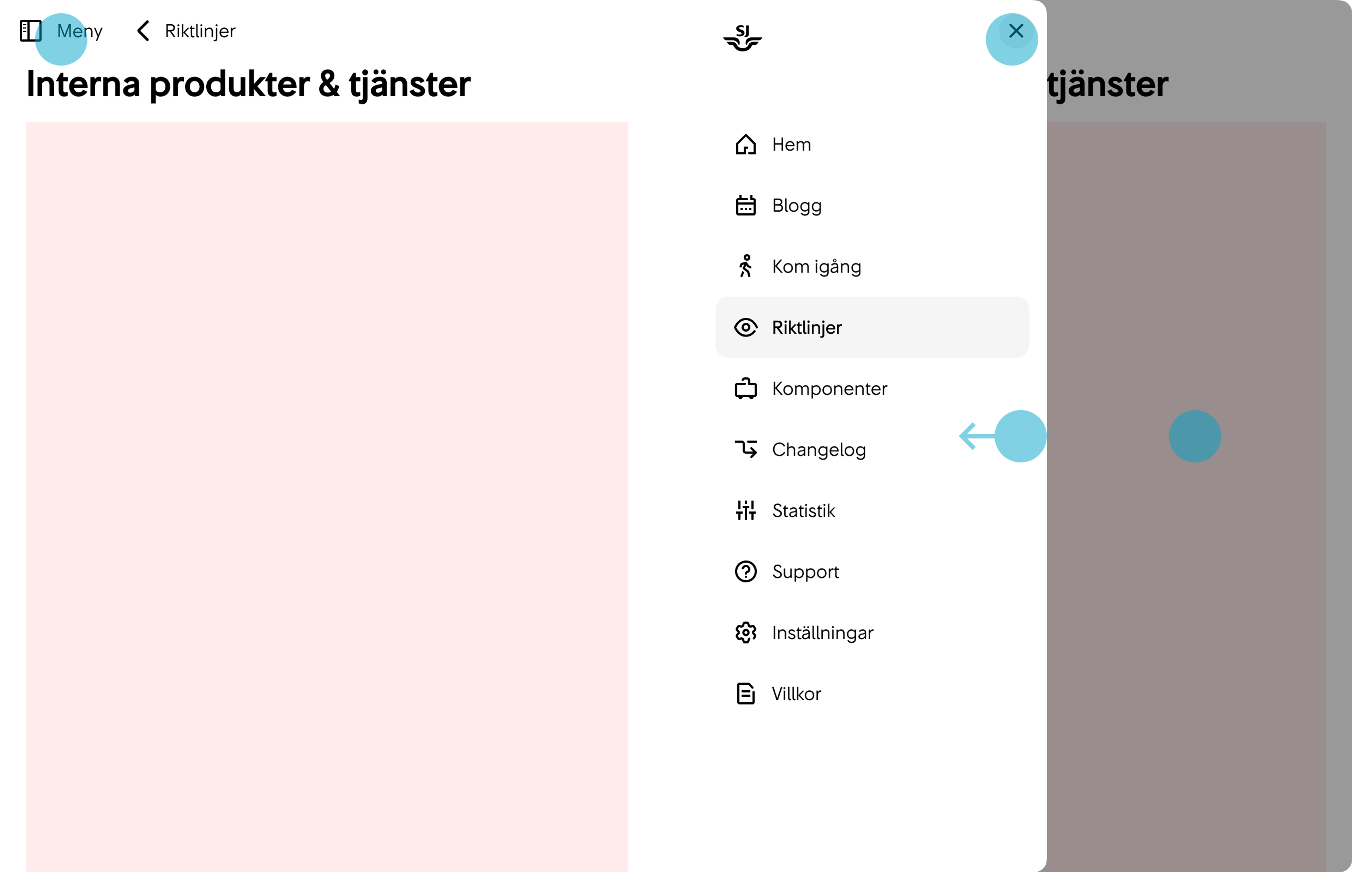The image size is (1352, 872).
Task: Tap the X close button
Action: pyautogui.click(x=1016, y=31)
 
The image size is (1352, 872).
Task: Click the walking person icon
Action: pyautogui.click(x=746, y=266)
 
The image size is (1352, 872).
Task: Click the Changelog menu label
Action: pyautogui.click(x=818, y=450)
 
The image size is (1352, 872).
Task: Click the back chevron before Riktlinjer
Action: pyautogui.click(x=143, y=31)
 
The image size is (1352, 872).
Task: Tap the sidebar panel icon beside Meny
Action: pyautogui.click(x=31, y=31)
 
